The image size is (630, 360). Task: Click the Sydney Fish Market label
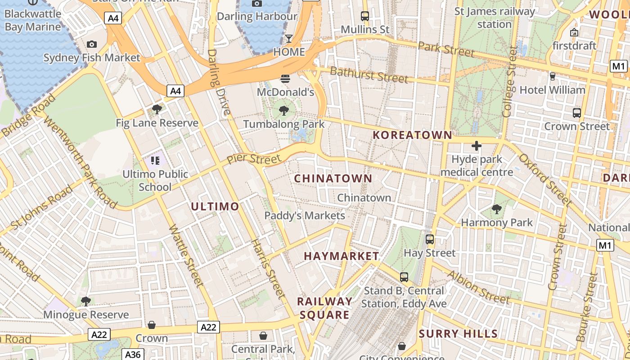point(92,58)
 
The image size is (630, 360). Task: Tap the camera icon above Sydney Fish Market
point(92,44)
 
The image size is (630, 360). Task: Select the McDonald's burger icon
point(285,79)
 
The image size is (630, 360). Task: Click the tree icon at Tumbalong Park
point(283,110)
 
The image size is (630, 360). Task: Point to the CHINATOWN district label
point(333,179)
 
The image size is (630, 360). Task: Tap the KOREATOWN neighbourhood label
point(412,135)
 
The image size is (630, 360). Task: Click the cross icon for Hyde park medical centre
point(477,146)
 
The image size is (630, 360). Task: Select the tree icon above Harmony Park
point(497,209)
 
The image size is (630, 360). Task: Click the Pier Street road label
point(253,159)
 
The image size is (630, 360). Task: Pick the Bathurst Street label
point(369,75)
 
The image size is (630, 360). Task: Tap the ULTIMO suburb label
point(215,207)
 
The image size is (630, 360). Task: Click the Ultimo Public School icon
point(155,160)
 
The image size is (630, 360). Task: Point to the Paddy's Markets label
point(304,216)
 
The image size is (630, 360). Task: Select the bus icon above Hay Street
point(430,239)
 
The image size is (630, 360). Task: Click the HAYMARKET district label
point(341,256)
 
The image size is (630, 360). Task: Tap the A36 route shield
point(132,354)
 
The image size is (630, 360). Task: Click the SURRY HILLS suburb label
point(458,334)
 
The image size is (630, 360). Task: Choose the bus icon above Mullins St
point(365,16)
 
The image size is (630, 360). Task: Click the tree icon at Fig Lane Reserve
point(157,109)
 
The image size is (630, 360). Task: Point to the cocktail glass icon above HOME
point(289,38)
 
